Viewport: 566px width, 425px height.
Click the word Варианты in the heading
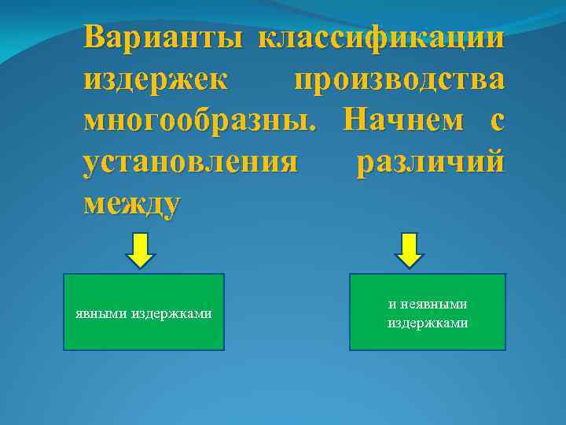[x=164, y=37]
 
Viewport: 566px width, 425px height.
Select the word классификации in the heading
[x=381, y=37]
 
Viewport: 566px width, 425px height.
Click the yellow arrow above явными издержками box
[x=141, y=250]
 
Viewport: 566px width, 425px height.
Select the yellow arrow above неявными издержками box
[x=409, y=250]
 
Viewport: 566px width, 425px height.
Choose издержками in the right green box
[x=428, y=323]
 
